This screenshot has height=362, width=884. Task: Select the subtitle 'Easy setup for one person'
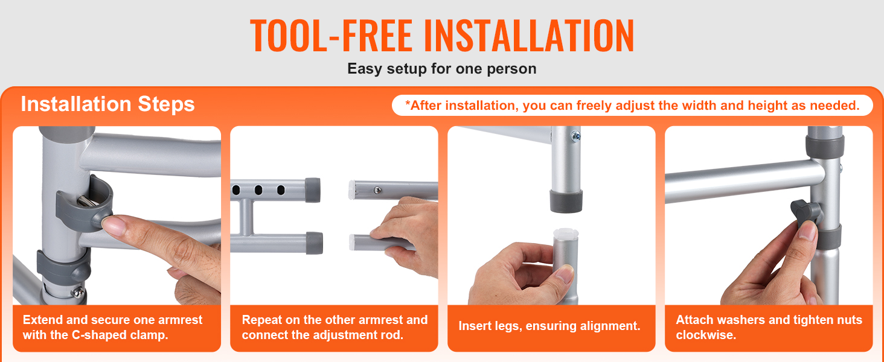pos(441,69)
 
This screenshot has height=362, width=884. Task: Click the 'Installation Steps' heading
pos(107,104)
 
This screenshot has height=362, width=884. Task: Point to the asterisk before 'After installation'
pos(408,103)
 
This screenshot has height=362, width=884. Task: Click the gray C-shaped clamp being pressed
pos(85,204)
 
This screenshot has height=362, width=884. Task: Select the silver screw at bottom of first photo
pos(78,292)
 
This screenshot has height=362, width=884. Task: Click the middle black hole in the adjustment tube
pos(258,190)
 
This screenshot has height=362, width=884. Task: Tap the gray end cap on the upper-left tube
pos(313,190)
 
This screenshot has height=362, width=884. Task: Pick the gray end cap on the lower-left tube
pos(314,243)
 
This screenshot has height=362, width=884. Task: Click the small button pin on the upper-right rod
pos(377,190)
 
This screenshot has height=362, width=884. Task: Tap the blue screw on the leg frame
pos(576,136)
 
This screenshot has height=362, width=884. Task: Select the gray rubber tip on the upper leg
pos(566,201)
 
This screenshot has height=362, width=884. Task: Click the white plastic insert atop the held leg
pos(566,234)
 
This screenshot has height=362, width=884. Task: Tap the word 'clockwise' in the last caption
pos(706,335)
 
